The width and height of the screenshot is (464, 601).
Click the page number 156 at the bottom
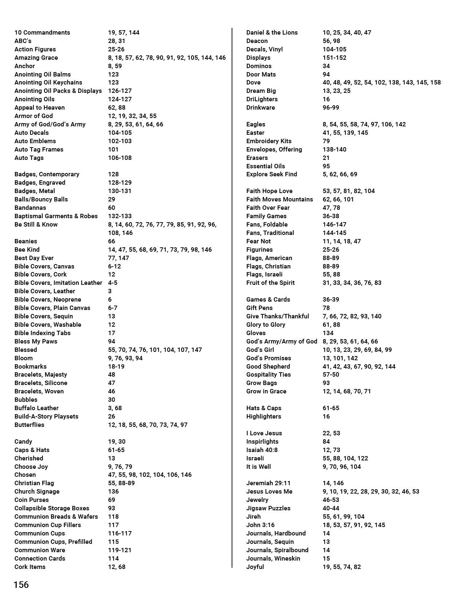pos(21,585)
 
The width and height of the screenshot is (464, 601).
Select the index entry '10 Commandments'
pos(42,32)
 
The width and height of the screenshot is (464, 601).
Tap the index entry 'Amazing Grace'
pos(36,58)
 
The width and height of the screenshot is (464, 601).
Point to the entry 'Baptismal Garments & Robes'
pos(56,216)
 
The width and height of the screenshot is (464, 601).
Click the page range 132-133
pos(120,216)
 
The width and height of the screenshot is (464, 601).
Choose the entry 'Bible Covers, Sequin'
pos(44,316)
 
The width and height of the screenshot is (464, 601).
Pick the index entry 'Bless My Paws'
pos(36,341)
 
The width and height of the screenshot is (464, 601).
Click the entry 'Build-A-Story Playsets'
pos(46,416)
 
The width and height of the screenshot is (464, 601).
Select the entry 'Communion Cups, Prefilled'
pos(53,542)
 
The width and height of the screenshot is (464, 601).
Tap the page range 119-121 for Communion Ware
pos(120,550)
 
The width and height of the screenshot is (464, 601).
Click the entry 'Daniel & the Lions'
pos(272,32)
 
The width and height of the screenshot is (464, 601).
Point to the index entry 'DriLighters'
pos(262,99)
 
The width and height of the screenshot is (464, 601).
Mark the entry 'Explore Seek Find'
pos(271,174)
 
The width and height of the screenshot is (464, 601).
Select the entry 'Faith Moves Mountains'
pos(279,199)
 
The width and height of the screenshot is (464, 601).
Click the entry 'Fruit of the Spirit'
pos(270,283)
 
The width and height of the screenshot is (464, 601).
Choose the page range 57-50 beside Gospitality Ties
pos(330,374)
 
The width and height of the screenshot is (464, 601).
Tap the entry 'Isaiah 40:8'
pos(262,450)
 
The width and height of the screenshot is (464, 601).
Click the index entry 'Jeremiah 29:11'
pos(268,483)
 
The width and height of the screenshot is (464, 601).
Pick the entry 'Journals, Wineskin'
pos(273,558)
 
